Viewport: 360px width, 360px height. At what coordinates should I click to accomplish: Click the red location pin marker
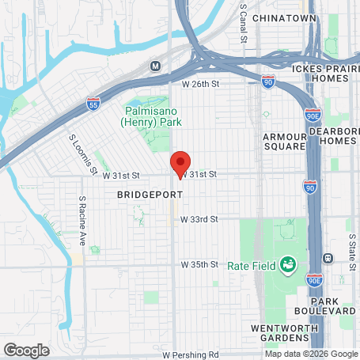[180, 162]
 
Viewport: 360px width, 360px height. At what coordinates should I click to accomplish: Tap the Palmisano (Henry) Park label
[152, 117]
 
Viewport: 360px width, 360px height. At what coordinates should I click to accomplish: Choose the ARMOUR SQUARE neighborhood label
[284, 141]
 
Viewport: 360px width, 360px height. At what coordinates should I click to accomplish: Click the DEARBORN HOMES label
[332, 135]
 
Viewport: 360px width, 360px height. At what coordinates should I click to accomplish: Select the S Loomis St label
[82, 154]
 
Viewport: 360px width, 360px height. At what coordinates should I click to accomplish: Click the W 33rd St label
[199, 218]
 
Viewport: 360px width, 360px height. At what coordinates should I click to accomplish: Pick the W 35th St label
[199, 263]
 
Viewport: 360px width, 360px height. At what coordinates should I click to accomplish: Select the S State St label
[349, 237]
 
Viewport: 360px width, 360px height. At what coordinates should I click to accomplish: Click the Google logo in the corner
[27, 350]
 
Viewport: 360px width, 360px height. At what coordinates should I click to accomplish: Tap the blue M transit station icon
[156, 66]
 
